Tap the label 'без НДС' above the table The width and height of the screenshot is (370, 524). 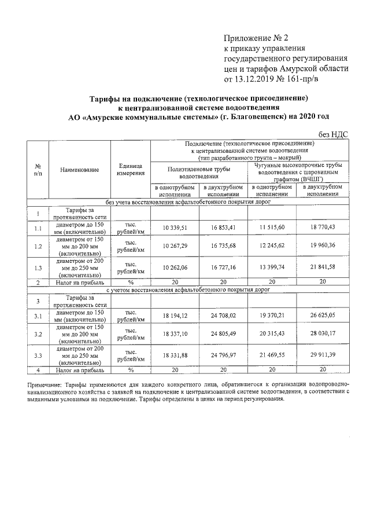coord(332,134)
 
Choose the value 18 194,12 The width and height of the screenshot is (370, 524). coord(175,316)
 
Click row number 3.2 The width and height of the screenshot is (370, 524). coord(38,334)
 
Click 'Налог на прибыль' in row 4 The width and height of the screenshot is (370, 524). coord(79,369)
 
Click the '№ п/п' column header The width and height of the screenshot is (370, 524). coord(38,170)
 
